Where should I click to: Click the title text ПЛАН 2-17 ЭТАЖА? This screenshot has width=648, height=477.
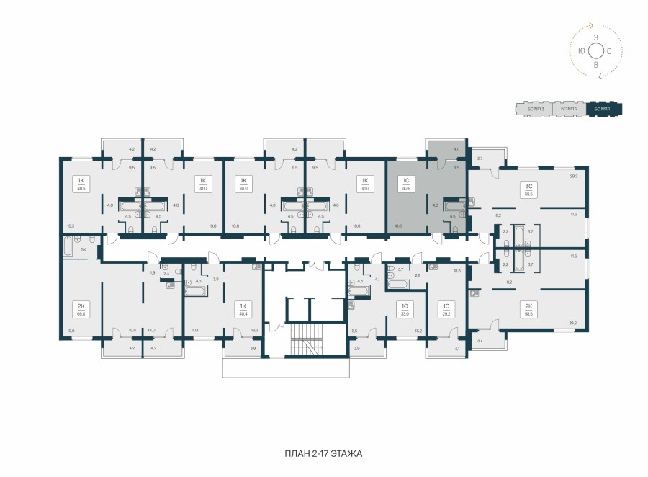(323, 454)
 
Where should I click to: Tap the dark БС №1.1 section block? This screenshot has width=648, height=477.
(603, 110)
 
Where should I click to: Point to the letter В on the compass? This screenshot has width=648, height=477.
(595, 65)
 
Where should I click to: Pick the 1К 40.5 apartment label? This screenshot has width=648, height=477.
(79, 183)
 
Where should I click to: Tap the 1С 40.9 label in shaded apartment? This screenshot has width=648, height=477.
(408, 183)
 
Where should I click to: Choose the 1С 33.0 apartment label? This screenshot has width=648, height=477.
(405, 310)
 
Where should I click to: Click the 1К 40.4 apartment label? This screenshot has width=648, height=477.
(243, 310)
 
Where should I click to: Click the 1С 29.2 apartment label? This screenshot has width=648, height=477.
(446, 310)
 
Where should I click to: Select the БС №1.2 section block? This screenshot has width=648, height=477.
(569, 110)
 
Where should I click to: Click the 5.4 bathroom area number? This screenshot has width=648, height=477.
(84, 249)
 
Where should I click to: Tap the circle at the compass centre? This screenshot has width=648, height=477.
(595, 50)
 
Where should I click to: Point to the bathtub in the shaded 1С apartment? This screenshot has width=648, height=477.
(455, 204)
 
